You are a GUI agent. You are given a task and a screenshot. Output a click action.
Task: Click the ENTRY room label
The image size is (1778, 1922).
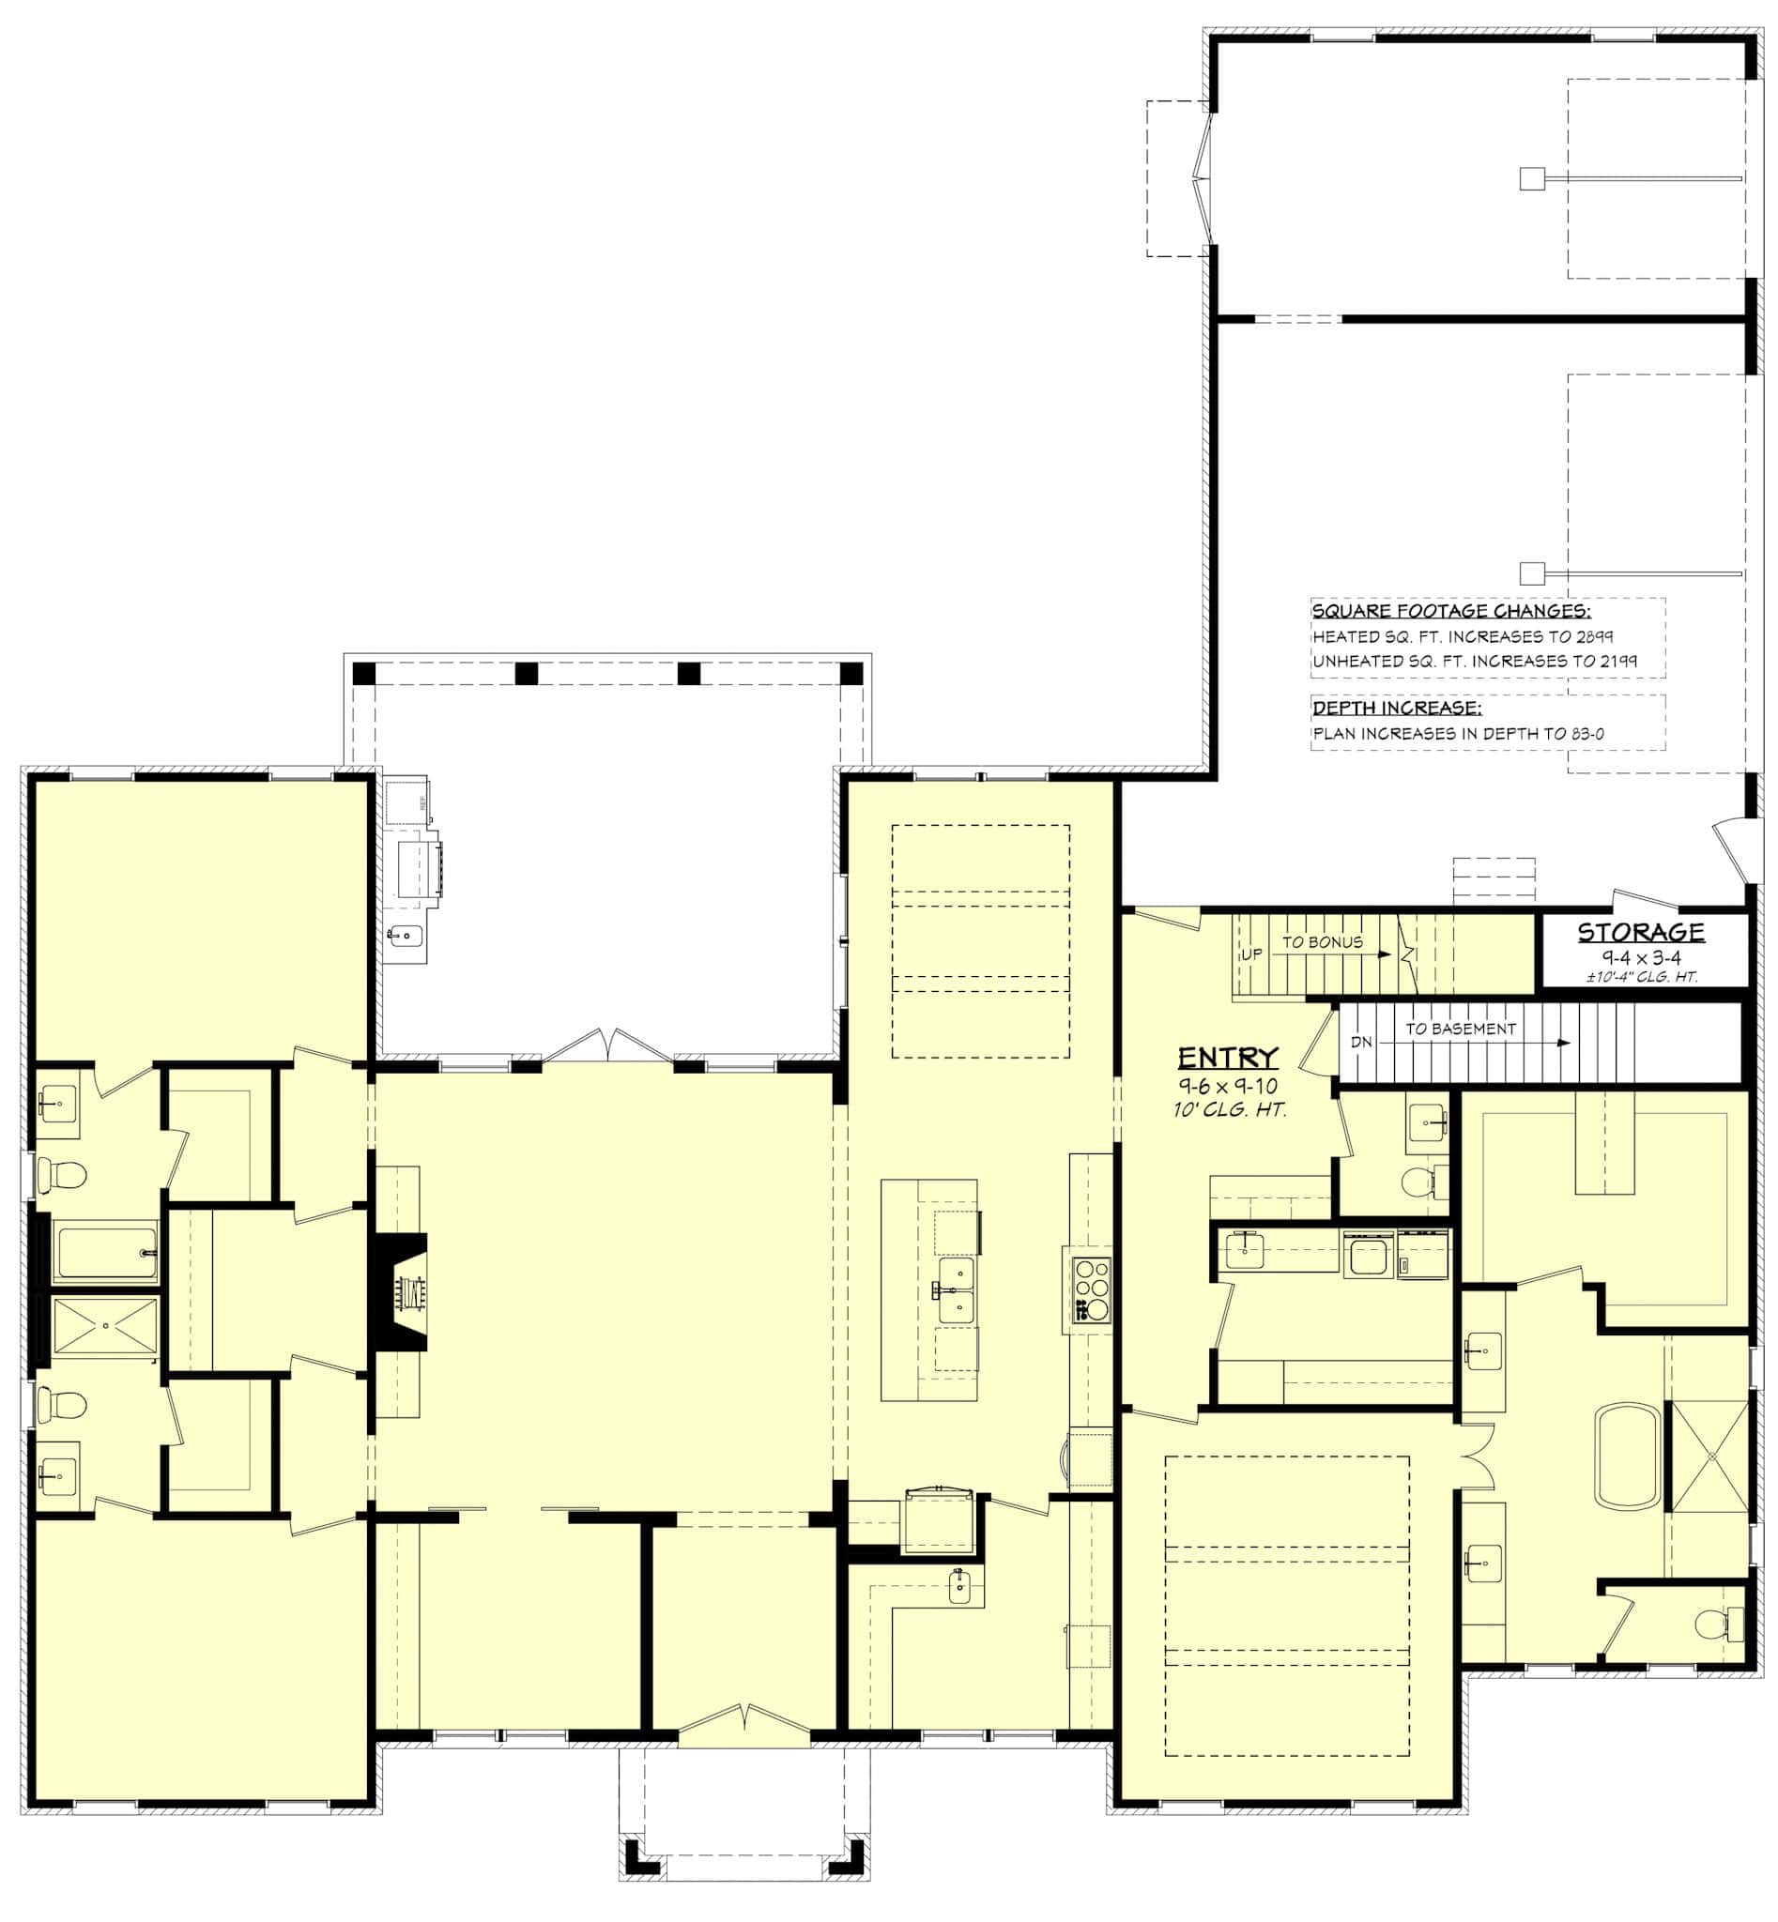click(1228, 1059)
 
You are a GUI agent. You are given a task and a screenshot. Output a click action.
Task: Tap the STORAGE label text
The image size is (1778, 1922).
click(1640, 931)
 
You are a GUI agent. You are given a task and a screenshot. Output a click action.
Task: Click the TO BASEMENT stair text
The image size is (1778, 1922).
click(1460, 1029)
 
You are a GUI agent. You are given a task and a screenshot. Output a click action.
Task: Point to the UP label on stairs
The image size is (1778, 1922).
click(1250, 955)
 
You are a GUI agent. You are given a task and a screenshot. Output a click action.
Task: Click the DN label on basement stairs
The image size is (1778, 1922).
click(1360, 1043)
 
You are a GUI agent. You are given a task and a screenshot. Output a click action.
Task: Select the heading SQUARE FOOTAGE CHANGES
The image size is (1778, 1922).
click(1451, 611)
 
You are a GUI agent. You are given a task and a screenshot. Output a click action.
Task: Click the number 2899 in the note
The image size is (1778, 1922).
click(1594, 637)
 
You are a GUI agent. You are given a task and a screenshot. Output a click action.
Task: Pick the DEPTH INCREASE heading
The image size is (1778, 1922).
click(1396, 708)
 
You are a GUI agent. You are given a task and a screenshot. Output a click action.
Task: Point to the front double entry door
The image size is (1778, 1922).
click(743, 1727)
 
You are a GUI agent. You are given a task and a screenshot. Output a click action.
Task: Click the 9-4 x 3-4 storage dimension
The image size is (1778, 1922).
click(1640, 957)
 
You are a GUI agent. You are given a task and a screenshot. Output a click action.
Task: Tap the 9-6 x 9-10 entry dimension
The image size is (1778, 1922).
click(1228, 1086)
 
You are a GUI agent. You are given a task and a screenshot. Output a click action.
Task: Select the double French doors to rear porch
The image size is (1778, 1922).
click(608, 1045)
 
